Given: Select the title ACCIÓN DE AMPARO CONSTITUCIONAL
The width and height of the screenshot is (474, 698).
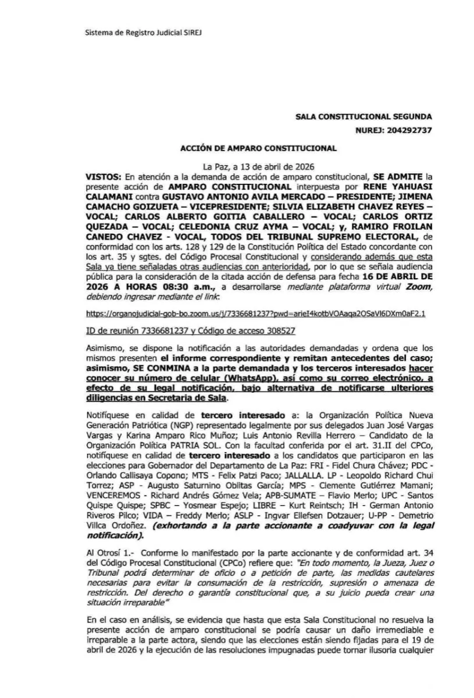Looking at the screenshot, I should tap(258, 148).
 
